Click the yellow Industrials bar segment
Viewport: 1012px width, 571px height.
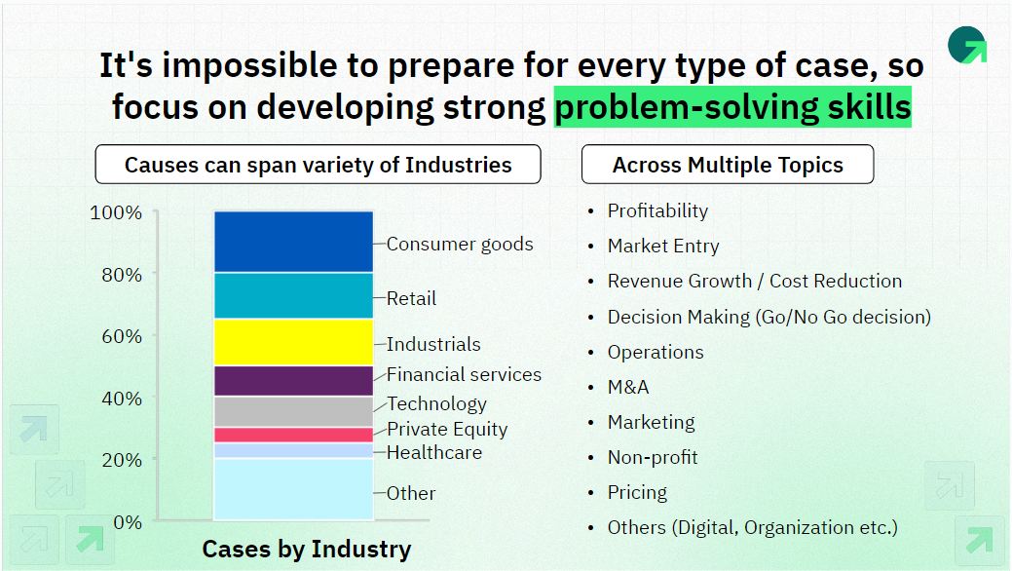(293, 342)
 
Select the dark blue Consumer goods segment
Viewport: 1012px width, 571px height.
(293, 242)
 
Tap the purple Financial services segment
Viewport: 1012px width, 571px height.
(293, 381)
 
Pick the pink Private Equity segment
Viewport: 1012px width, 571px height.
(293, 435)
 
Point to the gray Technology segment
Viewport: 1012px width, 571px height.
(293, 411)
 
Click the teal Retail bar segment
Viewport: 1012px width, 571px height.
(293, 296)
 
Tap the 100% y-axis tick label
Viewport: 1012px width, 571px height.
(116, 212)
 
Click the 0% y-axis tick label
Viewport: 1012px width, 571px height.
(128, 522)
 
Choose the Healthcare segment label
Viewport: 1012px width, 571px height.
(434, 452)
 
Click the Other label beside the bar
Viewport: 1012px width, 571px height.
(411, 493)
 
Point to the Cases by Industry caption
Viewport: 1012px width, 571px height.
(307, 549)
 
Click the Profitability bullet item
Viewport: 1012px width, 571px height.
(657, 210)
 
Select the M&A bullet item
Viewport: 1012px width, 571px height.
(628, 387)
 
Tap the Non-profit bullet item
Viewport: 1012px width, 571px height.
(653, 457)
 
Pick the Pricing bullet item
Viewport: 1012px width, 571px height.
(637, 492)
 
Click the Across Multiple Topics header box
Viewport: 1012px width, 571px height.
(728, 164)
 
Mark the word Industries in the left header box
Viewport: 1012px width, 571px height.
(458, 165)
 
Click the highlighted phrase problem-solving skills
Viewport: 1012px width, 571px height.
(732, 106)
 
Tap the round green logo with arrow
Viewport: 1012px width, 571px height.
(967, 45)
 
